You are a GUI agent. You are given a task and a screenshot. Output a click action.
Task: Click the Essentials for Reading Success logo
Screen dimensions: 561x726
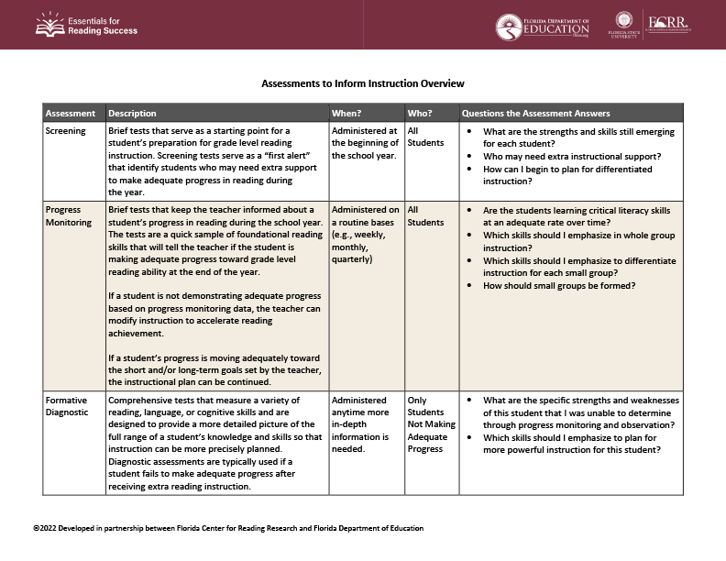[x=86, y=25]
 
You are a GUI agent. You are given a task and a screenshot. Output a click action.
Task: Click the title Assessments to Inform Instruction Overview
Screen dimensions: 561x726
[x=363, y=83]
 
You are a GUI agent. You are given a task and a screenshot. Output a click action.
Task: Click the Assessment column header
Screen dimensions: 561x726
[x=71, y=114]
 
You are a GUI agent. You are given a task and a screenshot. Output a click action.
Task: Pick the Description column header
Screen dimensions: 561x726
[x=133, y=114]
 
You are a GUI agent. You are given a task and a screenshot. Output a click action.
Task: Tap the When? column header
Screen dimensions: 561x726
[x=346, y=114]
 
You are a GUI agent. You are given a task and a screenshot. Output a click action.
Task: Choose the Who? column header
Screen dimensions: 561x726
[x=420, y=114]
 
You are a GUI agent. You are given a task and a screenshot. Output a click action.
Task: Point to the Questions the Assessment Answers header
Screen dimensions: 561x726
[x=535, y=114]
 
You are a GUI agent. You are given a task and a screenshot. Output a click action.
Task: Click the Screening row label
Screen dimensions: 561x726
[x=66, y=131]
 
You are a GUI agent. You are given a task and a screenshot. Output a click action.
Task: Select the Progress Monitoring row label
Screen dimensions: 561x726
[x=69, y=216]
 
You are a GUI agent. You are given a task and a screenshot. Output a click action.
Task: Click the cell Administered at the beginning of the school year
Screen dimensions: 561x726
[x=364, y=143]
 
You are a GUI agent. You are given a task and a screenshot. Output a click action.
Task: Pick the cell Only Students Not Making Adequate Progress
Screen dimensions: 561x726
[x=426, y=424]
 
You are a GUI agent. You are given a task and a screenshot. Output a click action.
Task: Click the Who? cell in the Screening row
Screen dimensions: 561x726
[x=425, y=137]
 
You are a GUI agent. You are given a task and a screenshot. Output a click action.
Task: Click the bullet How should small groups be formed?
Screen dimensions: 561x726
[x=559, y=286]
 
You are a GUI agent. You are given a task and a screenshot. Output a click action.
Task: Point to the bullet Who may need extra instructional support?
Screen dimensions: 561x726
[x=572, y=157]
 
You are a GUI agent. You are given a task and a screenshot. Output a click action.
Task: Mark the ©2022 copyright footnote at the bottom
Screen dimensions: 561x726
[x=228, y=529]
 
